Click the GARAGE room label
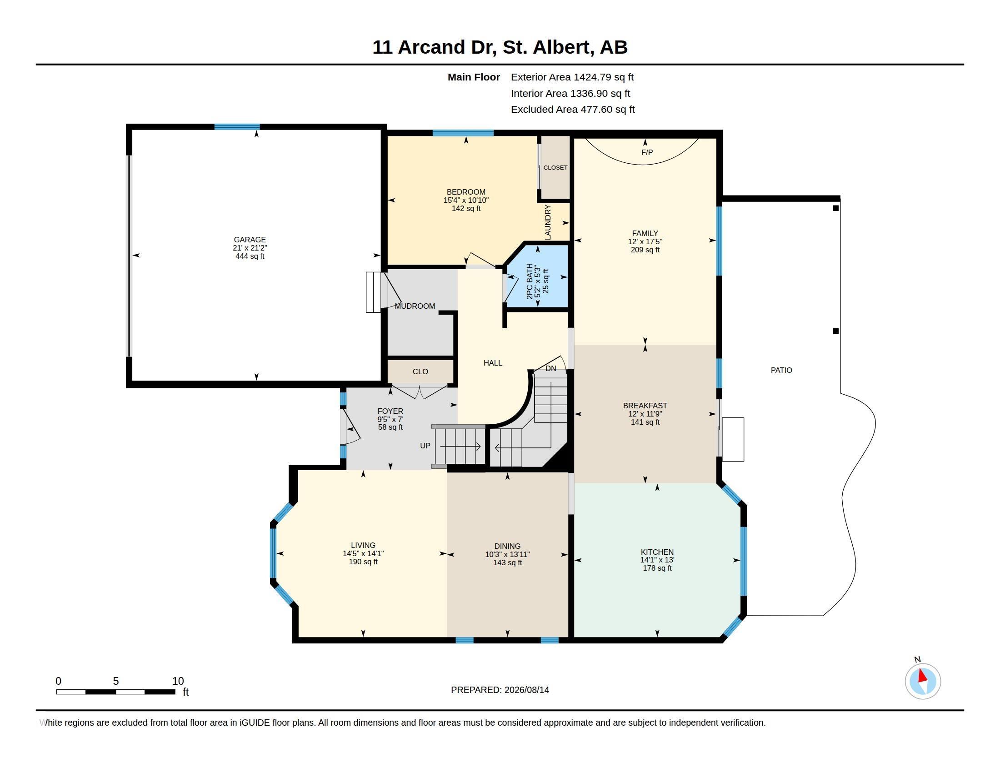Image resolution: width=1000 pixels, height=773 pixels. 250,240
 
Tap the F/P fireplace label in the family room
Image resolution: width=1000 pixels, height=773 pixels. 646,152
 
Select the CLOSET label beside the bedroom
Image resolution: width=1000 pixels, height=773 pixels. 555,168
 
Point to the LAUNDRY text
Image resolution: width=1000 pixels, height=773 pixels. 548,222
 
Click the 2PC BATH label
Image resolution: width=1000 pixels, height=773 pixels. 530,281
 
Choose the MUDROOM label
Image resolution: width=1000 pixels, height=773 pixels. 415,306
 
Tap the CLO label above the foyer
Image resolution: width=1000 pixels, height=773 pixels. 420,371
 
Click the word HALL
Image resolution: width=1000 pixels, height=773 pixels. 493,363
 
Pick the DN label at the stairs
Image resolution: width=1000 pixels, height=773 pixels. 551,368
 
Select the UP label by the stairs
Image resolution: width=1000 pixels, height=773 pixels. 425,446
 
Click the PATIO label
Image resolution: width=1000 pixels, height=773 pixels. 781,370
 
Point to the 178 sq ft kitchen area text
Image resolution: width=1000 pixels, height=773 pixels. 657,568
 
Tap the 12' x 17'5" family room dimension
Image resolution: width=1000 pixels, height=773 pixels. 645,241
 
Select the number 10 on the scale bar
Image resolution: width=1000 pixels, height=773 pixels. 178,681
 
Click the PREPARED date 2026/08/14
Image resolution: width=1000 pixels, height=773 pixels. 526,690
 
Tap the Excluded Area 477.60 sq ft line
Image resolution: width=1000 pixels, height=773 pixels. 573,110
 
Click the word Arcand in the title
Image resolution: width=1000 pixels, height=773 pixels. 431,47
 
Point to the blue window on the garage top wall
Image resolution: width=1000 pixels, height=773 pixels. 237,127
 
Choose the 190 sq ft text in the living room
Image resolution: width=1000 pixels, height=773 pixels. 363,562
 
